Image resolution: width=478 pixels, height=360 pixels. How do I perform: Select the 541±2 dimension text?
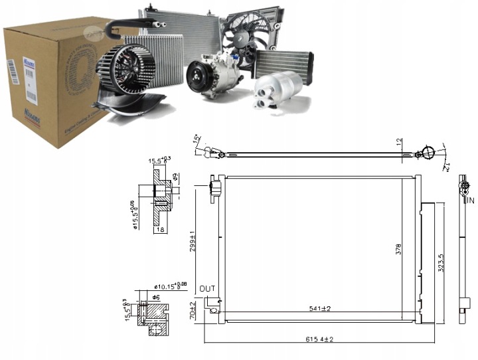click(x=319, y=308)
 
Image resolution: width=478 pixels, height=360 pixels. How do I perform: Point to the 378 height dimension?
click(x=399, y=249)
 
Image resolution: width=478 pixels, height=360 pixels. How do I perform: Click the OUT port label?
click(x=206, y=288)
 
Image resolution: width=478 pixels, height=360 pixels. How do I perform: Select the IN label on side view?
click(x=470, y=200)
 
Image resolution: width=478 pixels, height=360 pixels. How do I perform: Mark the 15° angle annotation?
click(x=197, y=140)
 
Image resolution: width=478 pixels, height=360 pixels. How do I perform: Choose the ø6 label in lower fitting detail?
click(x=156, y=296)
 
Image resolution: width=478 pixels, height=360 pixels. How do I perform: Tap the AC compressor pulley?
click(x=197, y=77)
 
